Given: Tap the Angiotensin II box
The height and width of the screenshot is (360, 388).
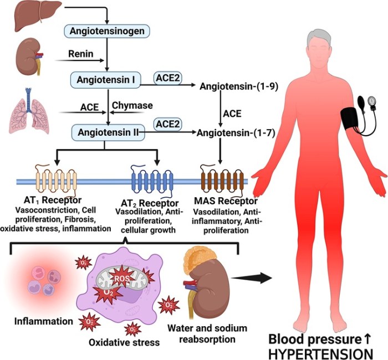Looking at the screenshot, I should click(107, 132).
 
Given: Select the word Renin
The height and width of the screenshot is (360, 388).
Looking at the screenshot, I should click(80, 55).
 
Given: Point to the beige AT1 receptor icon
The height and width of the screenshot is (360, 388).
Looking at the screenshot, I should click(55, 180).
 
